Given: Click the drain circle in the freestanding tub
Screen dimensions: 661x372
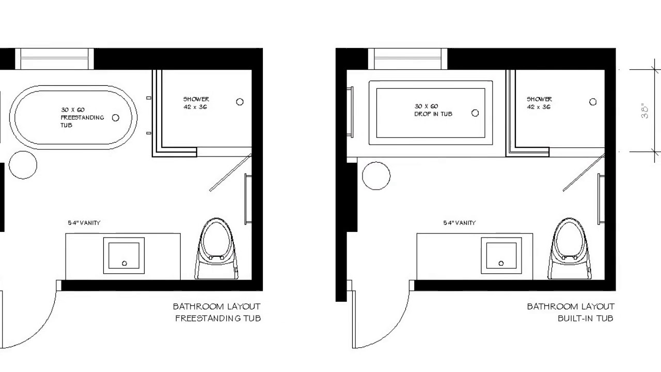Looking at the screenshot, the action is pyautogui.click(x=116, y=118).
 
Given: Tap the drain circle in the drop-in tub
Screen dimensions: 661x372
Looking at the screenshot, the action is pyautogui.click(x=475, y=113).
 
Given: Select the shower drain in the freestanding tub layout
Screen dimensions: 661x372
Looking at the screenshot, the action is pyautogui.click(x=240, y=102).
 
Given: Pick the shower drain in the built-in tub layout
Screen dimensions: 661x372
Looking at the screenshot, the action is pyautogui.click(x=593, y=102).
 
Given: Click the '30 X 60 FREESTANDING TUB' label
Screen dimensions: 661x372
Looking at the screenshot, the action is pyautogui.click(x=82, y=117).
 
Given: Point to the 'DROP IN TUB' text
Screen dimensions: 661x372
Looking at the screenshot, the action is pyautogui.click(x=433, y=114).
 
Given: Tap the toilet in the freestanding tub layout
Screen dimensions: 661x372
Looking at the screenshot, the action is pyautogui.click(x=216, y=249).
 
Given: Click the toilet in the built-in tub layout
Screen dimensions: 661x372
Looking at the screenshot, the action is pyautogui.click(x=570, y=249).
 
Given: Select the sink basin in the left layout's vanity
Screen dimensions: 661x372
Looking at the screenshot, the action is pyautogui.click(x=124, y=255).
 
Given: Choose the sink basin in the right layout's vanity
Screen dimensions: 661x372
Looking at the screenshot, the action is pyautogui.click(x=501, y=255).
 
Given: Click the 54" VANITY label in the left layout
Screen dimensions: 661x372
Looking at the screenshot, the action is pyautogui.click(x=84, y=223).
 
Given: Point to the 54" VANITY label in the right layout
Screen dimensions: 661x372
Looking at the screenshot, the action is pyautogui.click(x=460, y=223).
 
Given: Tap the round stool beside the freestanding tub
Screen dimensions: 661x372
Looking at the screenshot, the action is pyautogui.click(x=23, y=165).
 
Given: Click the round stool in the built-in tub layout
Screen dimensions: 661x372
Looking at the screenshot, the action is pyautogui.click(x=376, y=176).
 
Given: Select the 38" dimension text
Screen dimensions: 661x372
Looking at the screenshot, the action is pyautogui.click(x=645, y=111).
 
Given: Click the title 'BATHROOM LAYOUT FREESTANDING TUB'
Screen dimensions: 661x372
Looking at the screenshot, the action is pyautogui.click(x=217, y=313).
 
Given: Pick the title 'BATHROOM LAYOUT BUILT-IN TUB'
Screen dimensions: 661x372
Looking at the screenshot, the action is pyautogui.click(x=571, y=313).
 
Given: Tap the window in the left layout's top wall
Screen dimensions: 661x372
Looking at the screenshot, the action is pyautogui.click(x=54, y=59).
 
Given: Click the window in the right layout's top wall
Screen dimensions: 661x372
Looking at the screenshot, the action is pyautogui.click(x=407, y=59).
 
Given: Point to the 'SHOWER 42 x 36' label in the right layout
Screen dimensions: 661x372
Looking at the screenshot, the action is pyautogui.click(x=540, y=103).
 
